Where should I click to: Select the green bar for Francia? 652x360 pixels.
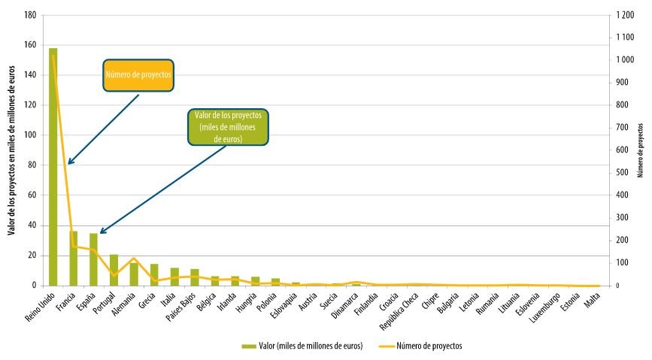(x=74, y=259)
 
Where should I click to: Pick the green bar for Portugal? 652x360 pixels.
(x=114, y=271)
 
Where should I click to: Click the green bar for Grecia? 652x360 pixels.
(x=154, y=275)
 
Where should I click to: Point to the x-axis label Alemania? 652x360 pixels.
(x=125, y=304)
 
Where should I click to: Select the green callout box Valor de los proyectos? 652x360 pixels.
(x=227, y=127)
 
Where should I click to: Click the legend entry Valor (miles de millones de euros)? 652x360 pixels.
(x=302, y=346)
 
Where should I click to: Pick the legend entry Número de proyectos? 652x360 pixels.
(x=420, y=346)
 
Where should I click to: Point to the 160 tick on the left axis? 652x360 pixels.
(x=30, y=45)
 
